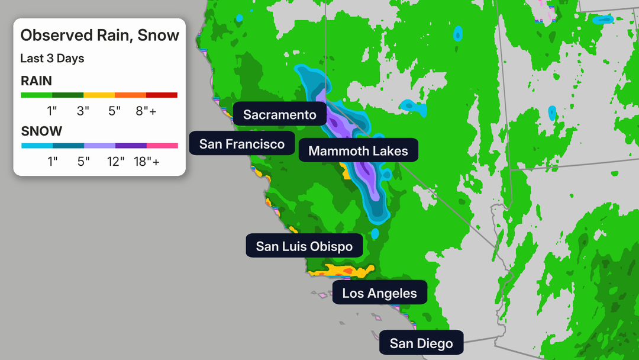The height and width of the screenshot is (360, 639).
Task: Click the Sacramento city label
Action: point(279,114)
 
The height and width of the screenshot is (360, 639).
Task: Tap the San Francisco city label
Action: point(241,144)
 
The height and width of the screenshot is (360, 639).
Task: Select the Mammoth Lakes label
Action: point(358,151)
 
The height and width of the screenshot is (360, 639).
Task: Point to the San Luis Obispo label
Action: point(304,246)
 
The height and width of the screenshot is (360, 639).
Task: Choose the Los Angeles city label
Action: point(379,293)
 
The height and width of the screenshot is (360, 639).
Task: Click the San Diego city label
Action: point(421,343)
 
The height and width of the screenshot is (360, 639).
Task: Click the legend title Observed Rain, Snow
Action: point(99,36)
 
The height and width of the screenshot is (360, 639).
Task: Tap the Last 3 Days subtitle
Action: point(52,59)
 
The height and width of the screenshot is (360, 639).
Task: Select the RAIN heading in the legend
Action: point(36,81)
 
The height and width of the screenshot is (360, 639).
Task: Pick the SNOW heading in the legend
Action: point(41,131)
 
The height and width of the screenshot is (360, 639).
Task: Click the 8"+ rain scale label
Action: point(146,110)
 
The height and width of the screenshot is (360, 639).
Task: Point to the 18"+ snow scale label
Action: point(146,160)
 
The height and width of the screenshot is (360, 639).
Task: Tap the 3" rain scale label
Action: point(83,110)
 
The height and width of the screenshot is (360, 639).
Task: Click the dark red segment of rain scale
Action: point(162,95)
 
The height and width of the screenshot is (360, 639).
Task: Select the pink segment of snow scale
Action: point(162,145)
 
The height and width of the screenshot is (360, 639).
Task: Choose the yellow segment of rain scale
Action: point(99,95)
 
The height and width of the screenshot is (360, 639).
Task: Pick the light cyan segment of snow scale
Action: point(37,145)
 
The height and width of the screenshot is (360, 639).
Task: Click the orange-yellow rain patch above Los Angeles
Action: point(340,271)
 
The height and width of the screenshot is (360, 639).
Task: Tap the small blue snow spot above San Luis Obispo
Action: point(375,233)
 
